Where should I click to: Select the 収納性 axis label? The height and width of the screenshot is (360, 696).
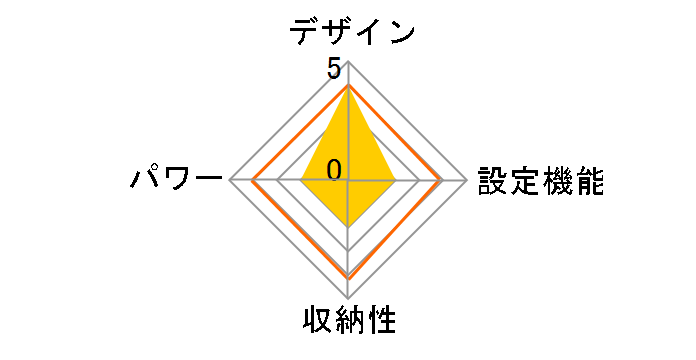[x=349, y=322]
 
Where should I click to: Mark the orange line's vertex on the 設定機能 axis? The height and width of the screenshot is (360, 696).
[x=441, y=181]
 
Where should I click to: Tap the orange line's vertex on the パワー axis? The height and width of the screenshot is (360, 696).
[x=254, y=181]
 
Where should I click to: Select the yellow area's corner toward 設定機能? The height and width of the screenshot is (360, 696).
[x=395, y=181]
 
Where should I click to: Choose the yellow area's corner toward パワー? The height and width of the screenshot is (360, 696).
[x=302, y=181]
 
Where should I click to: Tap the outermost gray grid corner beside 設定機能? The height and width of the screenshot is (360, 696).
[x=467, y=181]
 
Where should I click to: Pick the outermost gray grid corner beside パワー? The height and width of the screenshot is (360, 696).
[x=230, y=181]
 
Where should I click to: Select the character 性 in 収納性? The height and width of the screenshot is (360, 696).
[x=381, y=322]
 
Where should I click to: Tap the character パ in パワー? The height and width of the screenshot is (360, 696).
[x=147, y=181]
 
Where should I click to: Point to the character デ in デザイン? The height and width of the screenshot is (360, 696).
[x=304, y=32]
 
